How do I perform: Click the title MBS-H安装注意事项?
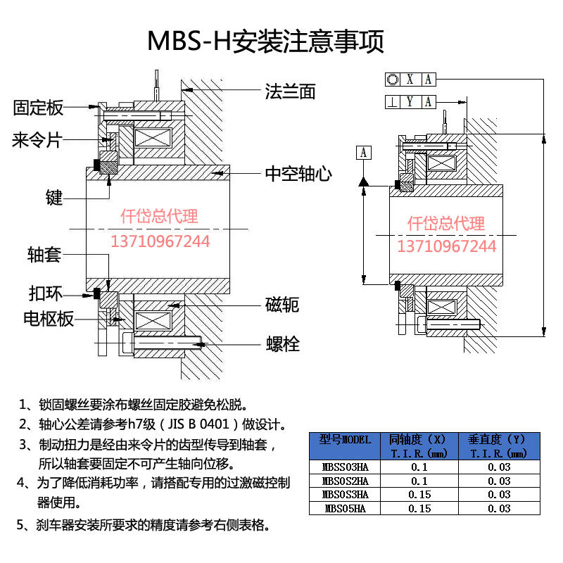pyautogui.click(x=265, y=42)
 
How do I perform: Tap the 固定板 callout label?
pyautogui.click(x=39, y=108)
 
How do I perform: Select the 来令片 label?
pyautogui.click(x=37, y=140)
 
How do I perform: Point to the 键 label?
pyautogui.click(x=53, y=198)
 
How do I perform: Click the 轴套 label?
pyautogui.click(x=44, y=254)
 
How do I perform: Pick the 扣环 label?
pyautogui.click(x=44, y=293)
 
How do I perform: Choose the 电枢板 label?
pyautogui.click(x=49, y=319)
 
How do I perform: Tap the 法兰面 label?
pyautogui.click(x=290, y=91)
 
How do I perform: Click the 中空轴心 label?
pyautogui.click(x=298, y=173)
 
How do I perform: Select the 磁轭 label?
pyautogui.click(x=282, y=304)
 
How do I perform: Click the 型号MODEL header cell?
pyautogui.click(x=344, y=446)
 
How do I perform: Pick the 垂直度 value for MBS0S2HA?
pyautogui.click(x=499, y=481)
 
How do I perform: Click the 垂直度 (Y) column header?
pyautogui.click(x=499, y=446)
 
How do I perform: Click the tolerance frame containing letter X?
pyautogui.click(x=410, y=79)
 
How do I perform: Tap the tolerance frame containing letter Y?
pyautogui.click(x=410, y=101)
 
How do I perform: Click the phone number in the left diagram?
pyautogui.click(x=160, y=241)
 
